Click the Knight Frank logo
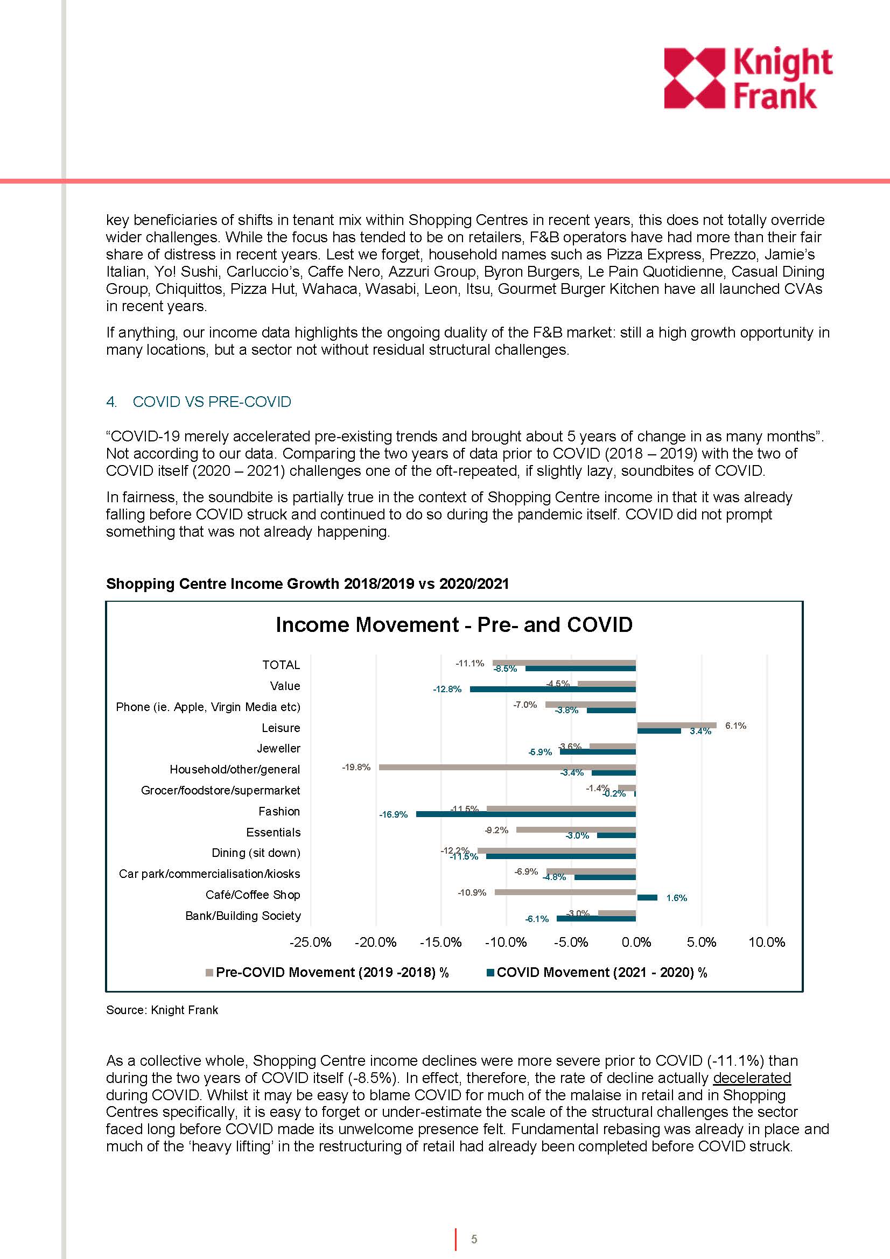(747, 78)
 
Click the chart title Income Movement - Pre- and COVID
(454, 624)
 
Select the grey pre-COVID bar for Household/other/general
(507, 767)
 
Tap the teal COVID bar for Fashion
(526, 814)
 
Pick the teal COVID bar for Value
(553, 690)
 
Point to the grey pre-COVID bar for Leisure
(677, 725)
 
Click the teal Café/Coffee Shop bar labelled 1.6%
(647, 898)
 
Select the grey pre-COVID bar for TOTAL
(564, 663)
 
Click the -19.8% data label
(356, 767)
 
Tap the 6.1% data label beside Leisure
(735, 726)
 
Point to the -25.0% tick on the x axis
(310, 942)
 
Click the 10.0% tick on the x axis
(767, 942)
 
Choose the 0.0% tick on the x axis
(636, 942)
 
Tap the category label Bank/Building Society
(243, 916)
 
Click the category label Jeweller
(278, 749)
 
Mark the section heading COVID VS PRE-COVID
(212, 402)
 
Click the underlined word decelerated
(752, 1078)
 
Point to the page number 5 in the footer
(474, 1239)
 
